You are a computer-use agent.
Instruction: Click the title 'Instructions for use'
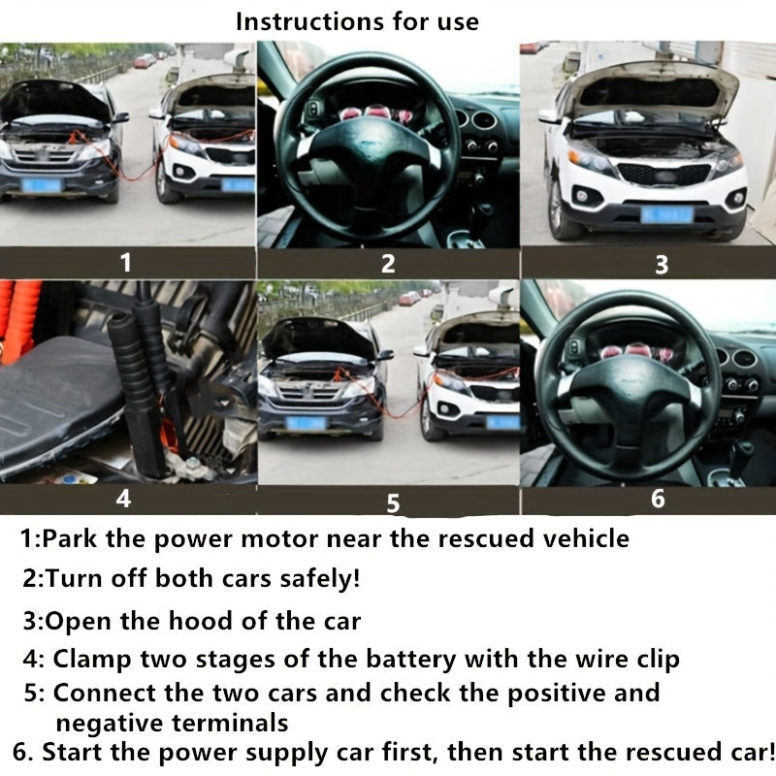tap(357, 20)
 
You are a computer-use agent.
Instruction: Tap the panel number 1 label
tap(124, 262)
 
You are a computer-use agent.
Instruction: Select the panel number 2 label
tap(388, 263)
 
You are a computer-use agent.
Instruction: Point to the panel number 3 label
tap(662, 265)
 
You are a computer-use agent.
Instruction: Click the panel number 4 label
tap(123, 500)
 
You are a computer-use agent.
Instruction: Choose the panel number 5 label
tap(393, 502)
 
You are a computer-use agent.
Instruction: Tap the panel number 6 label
tap(658, 500)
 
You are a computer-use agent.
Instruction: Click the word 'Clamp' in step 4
tap(86, 661)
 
